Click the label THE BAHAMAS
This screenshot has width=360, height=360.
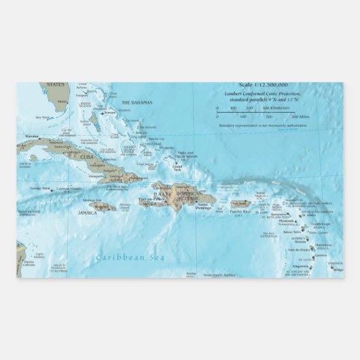[x=136, y=103]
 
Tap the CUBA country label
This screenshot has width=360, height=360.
[x=86, y=157]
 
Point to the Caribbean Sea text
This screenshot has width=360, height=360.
[x=122, y=257]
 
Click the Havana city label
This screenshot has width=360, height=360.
[x=32, y=136]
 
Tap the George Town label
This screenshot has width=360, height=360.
[x=40, y=188]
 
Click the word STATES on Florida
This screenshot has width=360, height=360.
[x=56, y=85]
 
